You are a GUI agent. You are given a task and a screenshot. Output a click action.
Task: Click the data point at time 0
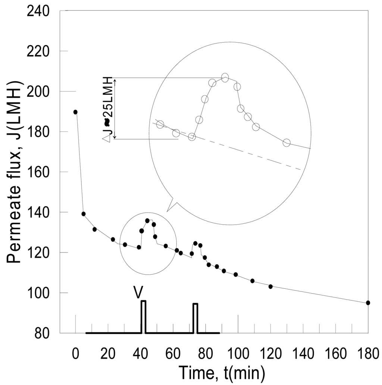click(75, 112)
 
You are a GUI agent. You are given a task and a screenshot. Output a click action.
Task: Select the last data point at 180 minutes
click(368, 303)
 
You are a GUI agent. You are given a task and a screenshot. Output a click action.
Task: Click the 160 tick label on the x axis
click(335, 353)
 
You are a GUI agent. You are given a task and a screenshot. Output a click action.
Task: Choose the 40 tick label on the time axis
click(140, 353)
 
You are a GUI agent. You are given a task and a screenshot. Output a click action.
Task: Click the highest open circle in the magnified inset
click(225, 78)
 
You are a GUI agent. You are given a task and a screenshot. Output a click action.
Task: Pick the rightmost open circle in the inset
click(286, 143)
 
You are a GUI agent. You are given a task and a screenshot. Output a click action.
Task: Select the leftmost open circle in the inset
click(160, 124)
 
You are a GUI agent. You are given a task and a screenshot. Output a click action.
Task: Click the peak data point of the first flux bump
click(147, 221)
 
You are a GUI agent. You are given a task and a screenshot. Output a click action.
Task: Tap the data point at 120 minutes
click(270, 287)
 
